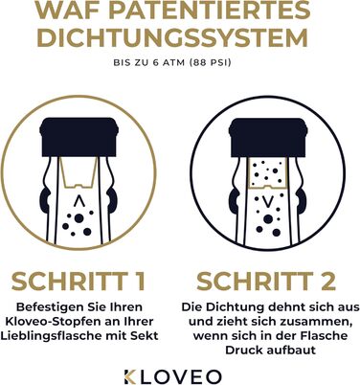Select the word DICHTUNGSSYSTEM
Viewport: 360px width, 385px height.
(x=172, y=37)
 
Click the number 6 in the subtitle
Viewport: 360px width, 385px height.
(x=156, y=62)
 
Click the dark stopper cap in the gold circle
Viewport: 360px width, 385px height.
(x=79, y=137)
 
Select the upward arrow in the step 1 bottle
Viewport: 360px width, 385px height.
(x=78, y=202)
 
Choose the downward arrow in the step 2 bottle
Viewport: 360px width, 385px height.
(x=268, y=201)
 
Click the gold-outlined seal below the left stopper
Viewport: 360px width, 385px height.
(x=79, y=172)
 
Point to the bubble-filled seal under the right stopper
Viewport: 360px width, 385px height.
(x=269, y=173)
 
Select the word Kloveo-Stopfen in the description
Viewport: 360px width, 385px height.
(x=59, y=322)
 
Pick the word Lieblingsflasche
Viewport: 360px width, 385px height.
(x=50, y=336)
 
